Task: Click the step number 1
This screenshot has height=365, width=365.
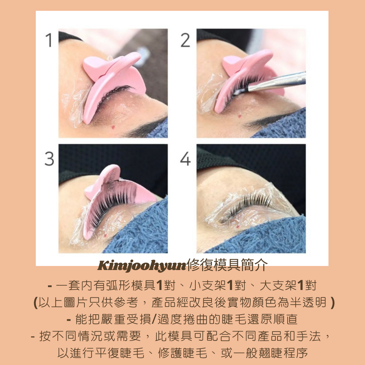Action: [x=49, y=40]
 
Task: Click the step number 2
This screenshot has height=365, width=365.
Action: [x=185, y=40]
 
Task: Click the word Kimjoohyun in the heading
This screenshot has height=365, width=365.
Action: [x=142, y=266]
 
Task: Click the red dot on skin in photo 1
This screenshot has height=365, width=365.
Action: [x=113, y=127]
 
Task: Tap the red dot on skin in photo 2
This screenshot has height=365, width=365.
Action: [x=240, y=116]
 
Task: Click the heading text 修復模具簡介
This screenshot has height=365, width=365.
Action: [x=227, y=265]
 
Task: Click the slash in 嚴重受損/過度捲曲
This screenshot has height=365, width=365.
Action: [x=153, y=319]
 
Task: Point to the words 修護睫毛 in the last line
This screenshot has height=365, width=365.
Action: [x=182, y=353]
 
